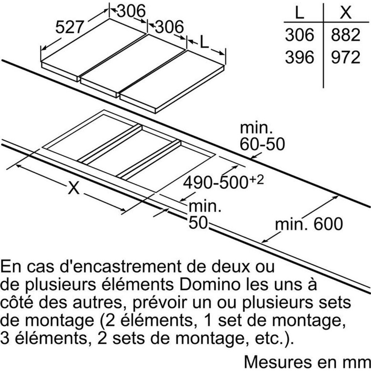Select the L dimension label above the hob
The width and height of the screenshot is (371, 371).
point(205,42)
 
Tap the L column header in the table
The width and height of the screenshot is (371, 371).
point(299,12)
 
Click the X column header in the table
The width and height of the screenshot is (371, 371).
point(345,12)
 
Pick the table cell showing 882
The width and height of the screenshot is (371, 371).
point(345,35)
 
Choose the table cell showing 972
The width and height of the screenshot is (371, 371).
point(345,57)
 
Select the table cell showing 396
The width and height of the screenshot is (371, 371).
point(299,57)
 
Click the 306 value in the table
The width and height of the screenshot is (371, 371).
point(299,35)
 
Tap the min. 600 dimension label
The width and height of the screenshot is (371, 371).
point(309,224)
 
